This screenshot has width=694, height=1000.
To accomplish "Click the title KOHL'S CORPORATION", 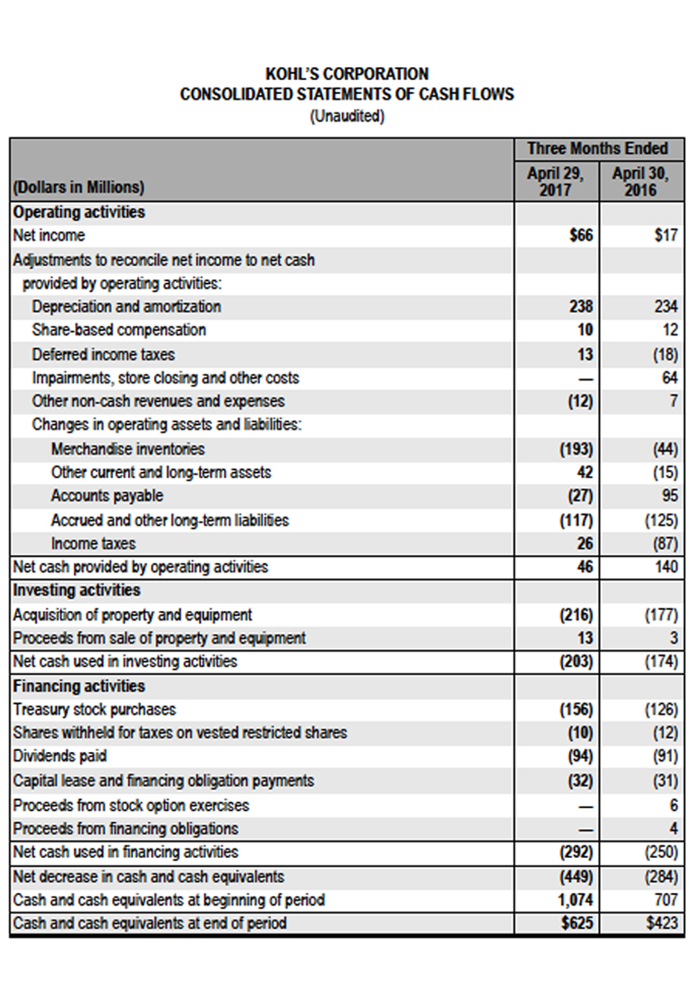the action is click(347, 74).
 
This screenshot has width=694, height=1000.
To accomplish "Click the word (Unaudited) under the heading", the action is click(347, 116).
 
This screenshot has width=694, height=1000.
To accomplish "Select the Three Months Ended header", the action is click(597, 148).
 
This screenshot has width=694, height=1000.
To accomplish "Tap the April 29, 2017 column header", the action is click(555, 182).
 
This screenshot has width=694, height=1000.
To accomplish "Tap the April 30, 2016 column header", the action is click(641, 182).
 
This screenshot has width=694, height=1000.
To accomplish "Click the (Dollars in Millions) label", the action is click(78, 187).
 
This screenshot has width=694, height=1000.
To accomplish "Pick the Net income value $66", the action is click(581, 235).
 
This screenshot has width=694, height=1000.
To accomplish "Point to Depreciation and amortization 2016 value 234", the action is click(666, 307).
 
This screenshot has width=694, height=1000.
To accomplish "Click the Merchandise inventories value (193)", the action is click(577, 449).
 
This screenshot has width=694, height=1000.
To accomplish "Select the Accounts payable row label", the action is click(107, 496).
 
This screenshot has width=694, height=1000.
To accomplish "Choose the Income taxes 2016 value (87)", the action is click(665, 544).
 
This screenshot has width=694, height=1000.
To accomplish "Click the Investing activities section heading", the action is click(76, 590).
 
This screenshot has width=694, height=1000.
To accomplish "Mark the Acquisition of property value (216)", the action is click(577, 615).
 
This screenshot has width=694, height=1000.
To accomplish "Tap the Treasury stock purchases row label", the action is click(94, 709).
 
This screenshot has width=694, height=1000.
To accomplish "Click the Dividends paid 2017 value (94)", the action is click(581, 757).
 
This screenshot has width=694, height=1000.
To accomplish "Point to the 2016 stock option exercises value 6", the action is click(674, 806).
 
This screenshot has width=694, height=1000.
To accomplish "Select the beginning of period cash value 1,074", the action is click(576, 900).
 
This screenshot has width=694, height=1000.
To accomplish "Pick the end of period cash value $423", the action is click(662, 923).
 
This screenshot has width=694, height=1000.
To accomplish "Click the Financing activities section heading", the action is click(79, 687).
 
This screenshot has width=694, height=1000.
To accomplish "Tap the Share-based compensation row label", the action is click(119, 330).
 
